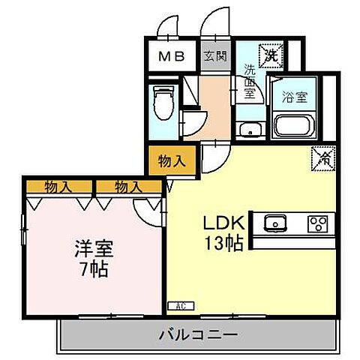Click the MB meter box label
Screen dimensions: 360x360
click(173, 57)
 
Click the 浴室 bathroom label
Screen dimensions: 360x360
click(293, 97)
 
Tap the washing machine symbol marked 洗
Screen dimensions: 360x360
click(269, 54)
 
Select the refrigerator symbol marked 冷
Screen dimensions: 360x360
click(324, 158)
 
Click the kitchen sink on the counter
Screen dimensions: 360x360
click(275, 223)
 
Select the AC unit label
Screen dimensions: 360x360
click(180, 305)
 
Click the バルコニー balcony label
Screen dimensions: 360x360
click(198, 334)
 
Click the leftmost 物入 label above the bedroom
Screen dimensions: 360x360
click(58, 185)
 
